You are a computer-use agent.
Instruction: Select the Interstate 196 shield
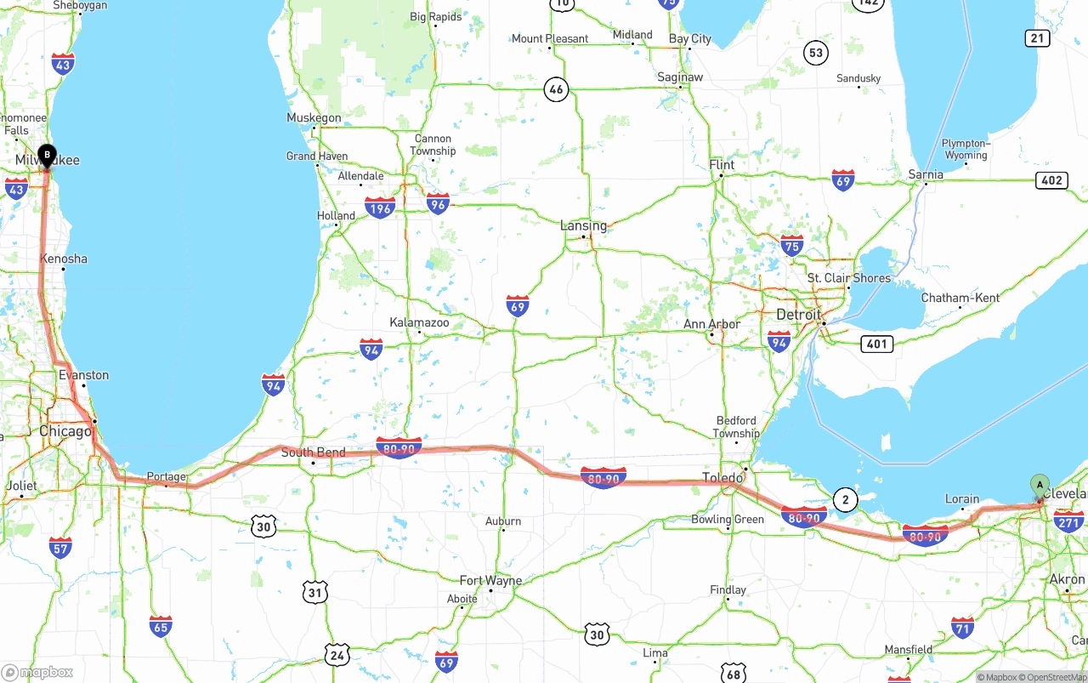(380, 208)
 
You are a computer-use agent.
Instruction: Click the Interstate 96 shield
(438, 203)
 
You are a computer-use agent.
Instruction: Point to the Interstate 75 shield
(791, 246)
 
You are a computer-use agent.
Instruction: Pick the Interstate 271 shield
(1068, 521)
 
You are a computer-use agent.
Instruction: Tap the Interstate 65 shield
(161, 627)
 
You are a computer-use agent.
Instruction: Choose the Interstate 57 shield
(60, 548)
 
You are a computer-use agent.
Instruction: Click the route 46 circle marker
(556, 89)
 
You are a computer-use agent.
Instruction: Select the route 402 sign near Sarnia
(1051, 179)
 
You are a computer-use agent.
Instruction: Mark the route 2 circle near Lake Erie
(845, 500)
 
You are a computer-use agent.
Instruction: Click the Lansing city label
(583, 225)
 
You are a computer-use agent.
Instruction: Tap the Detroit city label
(799, 315)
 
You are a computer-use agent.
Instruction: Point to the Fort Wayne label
(490, 581)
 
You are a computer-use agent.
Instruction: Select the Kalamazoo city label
(419, 322)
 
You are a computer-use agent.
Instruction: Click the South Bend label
(313, 452)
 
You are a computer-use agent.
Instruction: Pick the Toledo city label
(722, 477)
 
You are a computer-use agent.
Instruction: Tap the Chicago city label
(65, 431)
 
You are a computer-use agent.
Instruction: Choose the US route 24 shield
(337, 654)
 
